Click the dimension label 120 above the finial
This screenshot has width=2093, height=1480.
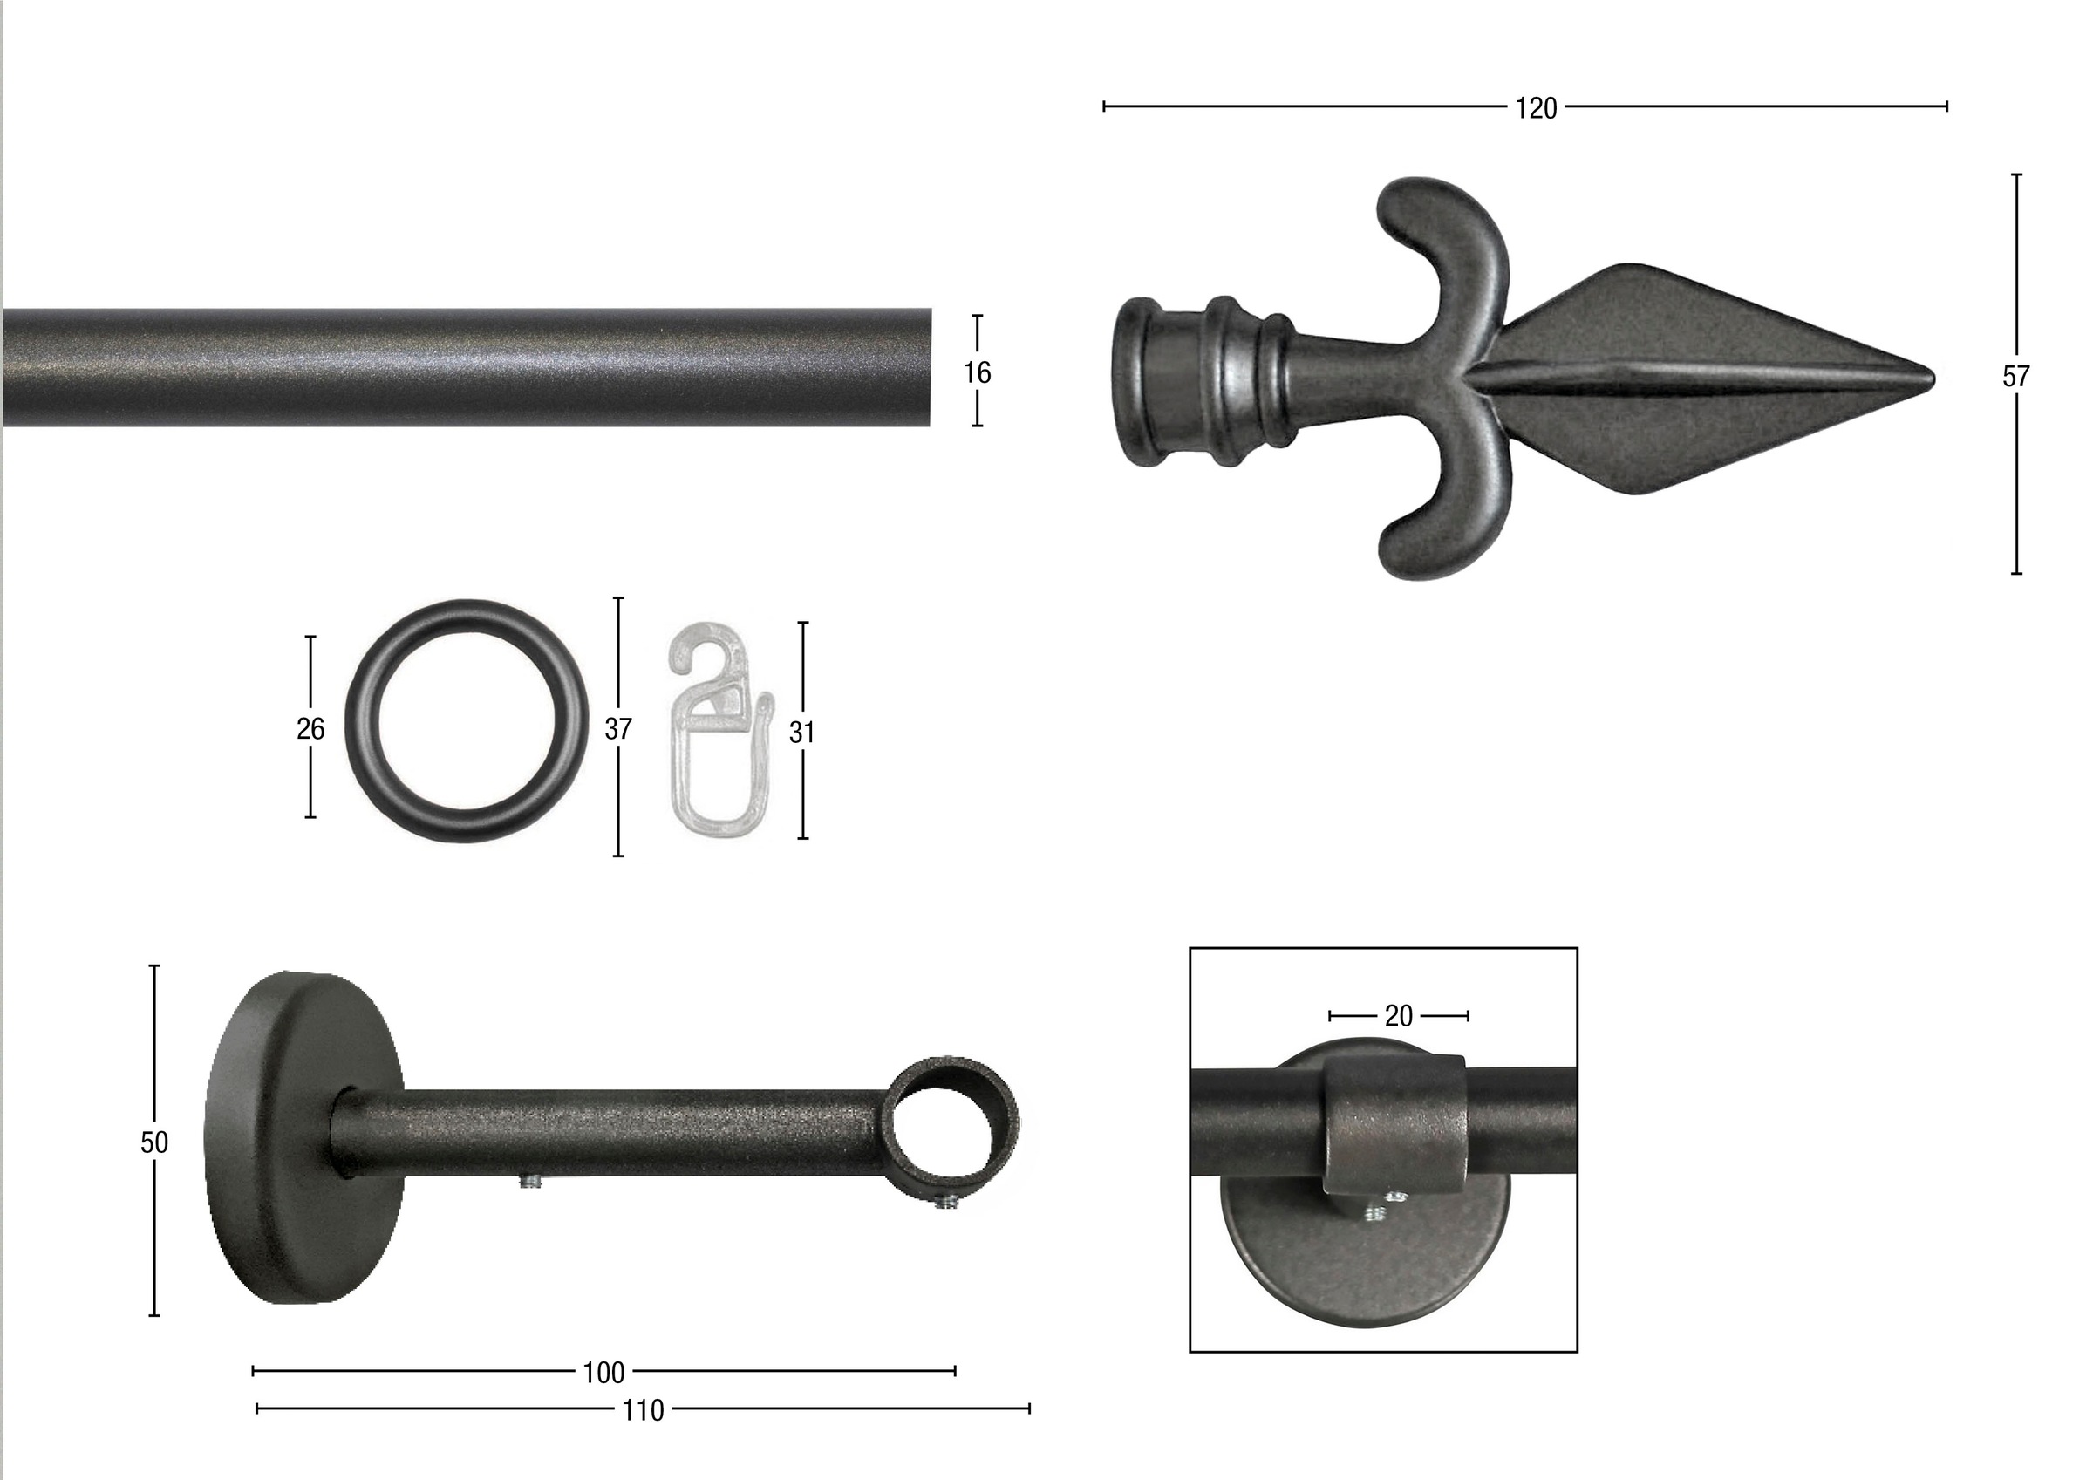[1536, 108]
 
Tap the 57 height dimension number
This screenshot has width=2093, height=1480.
[2015, 377]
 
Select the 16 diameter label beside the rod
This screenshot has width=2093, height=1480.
[978, 372]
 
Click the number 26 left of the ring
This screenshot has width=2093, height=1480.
[310, 728]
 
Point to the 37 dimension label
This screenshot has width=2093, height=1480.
[618, 728]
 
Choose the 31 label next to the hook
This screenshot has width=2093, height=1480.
[801, 733]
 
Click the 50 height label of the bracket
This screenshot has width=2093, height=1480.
[154, 1142]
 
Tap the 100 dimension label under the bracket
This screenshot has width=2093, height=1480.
[603, 1373]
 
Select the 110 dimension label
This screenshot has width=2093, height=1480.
[643, 1411]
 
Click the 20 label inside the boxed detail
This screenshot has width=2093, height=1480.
[1398, 1016]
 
